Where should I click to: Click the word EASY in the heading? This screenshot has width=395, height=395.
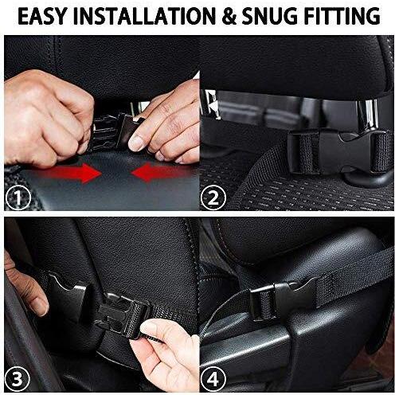(x=42, y=15)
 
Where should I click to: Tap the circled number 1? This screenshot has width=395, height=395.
(x=17, y=195)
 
